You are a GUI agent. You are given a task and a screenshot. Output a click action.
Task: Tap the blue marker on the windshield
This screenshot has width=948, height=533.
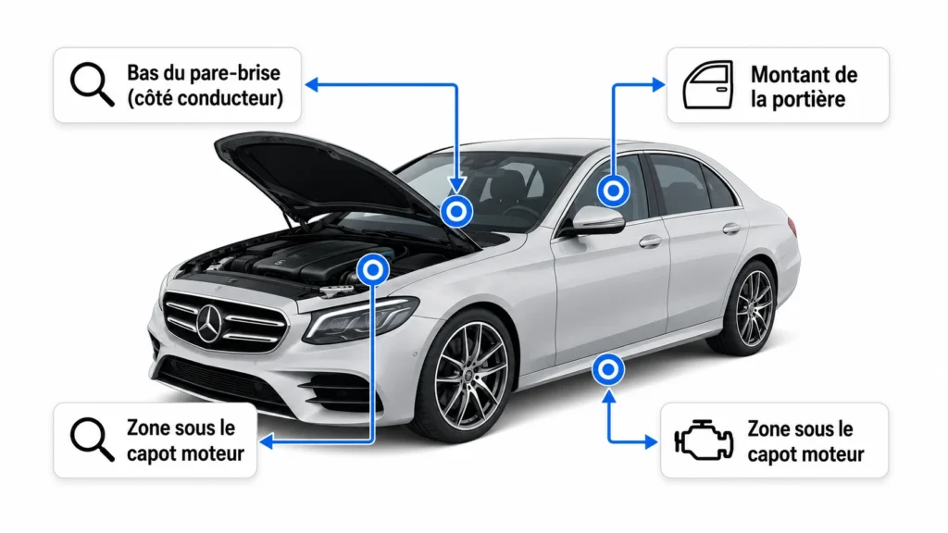click(x=456, y=212)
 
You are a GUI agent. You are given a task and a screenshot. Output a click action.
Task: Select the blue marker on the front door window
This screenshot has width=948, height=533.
click(x=614, y=191)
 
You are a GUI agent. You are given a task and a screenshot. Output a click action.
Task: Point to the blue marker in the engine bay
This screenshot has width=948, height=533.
click(x=373, y=269)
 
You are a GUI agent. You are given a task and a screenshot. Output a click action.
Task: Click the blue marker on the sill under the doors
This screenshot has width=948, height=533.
click(x=608, y=369)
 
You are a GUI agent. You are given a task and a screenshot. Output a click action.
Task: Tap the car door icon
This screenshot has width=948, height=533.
click(x=708, y=84)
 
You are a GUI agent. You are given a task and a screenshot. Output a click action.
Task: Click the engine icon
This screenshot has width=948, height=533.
click(x=704, y=440)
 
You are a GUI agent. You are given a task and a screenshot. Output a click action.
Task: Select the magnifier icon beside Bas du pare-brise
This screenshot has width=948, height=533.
click(x=92, y=84)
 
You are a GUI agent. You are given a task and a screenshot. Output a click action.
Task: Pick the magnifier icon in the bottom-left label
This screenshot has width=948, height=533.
click(x=92, y=440)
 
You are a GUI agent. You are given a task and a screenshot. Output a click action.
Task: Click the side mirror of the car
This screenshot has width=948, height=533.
click(x=596, y=220)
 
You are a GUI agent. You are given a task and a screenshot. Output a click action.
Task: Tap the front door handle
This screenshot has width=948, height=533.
click(x=650, y=242)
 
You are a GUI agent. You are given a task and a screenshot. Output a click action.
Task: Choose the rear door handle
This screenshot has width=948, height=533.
click(x=731, y=229)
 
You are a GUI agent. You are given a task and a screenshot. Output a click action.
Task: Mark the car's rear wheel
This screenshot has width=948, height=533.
click(x=748, y=308)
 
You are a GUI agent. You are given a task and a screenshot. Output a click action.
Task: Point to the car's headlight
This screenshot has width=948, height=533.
click(x=361, y=318)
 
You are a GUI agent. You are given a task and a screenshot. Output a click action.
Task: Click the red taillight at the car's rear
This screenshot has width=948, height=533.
click(x=792, y=226)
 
